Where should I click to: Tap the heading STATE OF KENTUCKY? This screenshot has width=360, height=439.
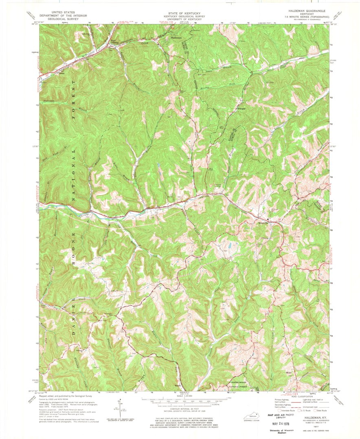pos(180,13)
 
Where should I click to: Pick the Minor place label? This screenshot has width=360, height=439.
pos(290,372)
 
